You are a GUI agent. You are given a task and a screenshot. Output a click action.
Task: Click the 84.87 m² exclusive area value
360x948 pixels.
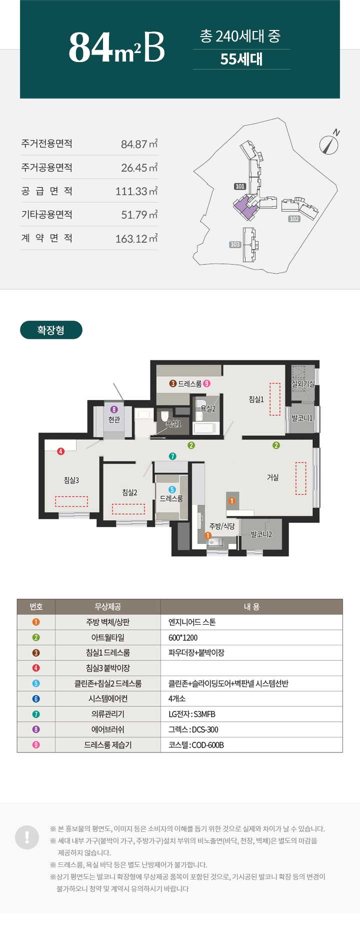pos(139,144)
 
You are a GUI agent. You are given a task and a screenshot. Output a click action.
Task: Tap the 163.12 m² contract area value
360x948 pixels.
pos(136,239)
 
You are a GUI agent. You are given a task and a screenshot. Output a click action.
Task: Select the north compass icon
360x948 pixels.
pos(329,143)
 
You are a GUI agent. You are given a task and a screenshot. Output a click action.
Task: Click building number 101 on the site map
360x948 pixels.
pos(240,187)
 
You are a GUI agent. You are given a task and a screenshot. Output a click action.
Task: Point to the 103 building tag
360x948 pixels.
pos(235,245)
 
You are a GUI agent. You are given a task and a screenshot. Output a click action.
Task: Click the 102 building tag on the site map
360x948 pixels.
pos(294,219)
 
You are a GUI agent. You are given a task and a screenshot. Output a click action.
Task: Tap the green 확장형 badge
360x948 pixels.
pos(51,330)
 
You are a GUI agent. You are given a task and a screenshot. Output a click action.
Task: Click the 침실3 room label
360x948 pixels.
pos(71,480)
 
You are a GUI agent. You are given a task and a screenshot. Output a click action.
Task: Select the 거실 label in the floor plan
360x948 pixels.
pos(272,477)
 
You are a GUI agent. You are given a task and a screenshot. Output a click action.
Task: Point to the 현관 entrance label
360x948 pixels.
pos(114,419)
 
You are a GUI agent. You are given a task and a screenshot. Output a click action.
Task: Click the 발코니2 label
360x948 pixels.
pos(261,534)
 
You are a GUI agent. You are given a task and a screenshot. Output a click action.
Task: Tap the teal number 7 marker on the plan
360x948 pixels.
pos(172,456)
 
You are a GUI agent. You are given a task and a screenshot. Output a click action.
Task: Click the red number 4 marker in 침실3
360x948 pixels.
pos(61,451)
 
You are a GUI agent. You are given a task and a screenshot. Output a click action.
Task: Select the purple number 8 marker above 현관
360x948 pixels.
pos(114,410)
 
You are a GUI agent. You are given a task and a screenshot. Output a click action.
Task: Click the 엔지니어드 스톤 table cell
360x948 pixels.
pos(192,622)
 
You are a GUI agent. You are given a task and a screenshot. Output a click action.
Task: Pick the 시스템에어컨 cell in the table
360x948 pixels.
pos(108,699)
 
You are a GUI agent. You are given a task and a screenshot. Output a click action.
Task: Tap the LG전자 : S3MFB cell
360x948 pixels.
pos(192,714)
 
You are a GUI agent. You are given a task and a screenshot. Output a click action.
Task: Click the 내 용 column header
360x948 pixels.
pos(251,607)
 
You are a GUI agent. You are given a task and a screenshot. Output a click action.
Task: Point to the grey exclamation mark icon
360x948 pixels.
pos(27,837)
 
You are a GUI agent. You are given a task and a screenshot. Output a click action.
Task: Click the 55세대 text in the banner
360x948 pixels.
pos(241,59)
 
